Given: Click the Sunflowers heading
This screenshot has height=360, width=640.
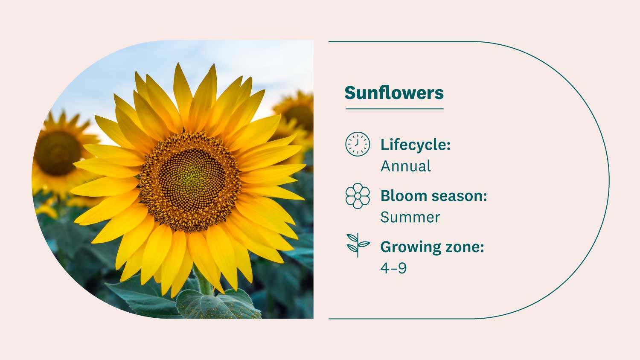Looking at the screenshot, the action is [394, 93].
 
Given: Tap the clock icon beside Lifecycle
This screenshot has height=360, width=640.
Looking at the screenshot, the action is [358, 144].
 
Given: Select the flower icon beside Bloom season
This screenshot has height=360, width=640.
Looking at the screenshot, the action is [358, 196].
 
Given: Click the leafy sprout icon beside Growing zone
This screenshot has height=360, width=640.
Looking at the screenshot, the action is [358, 245].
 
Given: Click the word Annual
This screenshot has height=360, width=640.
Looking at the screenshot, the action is [406, 166].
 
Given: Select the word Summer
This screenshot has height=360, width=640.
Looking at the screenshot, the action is [410, 218].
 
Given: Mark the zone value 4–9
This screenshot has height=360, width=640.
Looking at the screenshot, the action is [393, 268].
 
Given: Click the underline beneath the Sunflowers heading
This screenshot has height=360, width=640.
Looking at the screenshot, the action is [394, 109].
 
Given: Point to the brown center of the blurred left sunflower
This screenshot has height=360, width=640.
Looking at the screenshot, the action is [58, 153].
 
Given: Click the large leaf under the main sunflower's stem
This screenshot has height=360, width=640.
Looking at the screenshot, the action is [218, 304].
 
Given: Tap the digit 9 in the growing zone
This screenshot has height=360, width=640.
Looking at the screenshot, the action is [402, 268].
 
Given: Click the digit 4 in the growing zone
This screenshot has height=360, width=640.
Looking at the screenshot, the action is [385, 268].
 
